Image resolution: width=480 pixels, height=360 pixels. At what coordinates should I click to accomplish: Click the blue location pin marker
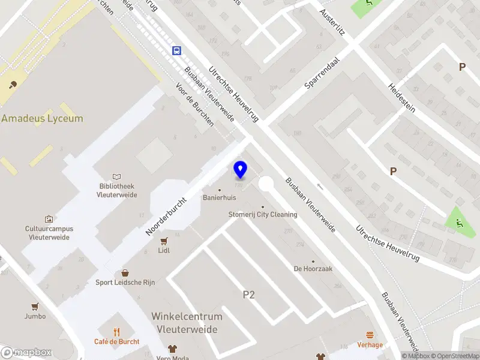240,170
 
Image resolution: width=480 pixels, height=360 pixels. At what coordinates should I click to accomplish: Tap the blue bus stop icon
177,51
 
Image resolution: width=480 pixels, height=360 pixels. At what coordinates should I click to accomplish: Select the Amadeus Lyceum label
42,118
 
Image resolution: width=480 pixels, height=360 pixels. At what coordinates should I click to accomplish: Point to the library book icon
117,177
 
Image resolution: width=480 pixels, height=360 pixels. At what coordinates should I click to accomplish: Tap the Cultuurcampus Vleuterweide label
49,233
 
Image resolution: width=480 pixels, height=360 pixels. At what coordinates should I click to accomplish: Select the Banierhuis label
219,197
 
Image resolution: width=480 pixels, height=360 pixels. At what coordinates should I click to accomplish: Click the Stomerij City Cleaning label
263,214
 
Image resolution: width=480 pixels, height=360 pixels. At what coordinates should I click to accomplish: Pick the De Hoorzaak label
313,269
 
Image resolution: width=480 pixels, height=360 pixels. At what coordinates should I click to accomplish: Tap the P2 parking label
249,295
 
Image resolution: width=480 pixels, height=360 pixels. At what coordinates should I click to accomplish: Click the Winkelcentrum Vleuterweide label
187,323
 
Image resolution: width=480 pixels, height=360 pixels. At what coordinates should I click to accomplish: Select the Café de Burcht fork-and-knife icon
117,332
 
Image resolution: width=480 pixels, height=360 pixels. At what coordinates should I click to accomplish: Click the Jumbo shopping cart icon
35,306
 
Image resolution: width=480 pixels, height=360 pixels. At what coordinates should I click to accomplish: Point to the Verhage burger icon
370,335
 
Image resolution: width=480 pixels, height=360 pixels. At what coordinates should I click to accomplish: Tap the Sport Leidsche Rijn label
125,283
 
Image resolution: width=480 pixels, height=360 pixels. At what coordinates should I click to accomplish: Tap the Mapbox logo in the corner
25,353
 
